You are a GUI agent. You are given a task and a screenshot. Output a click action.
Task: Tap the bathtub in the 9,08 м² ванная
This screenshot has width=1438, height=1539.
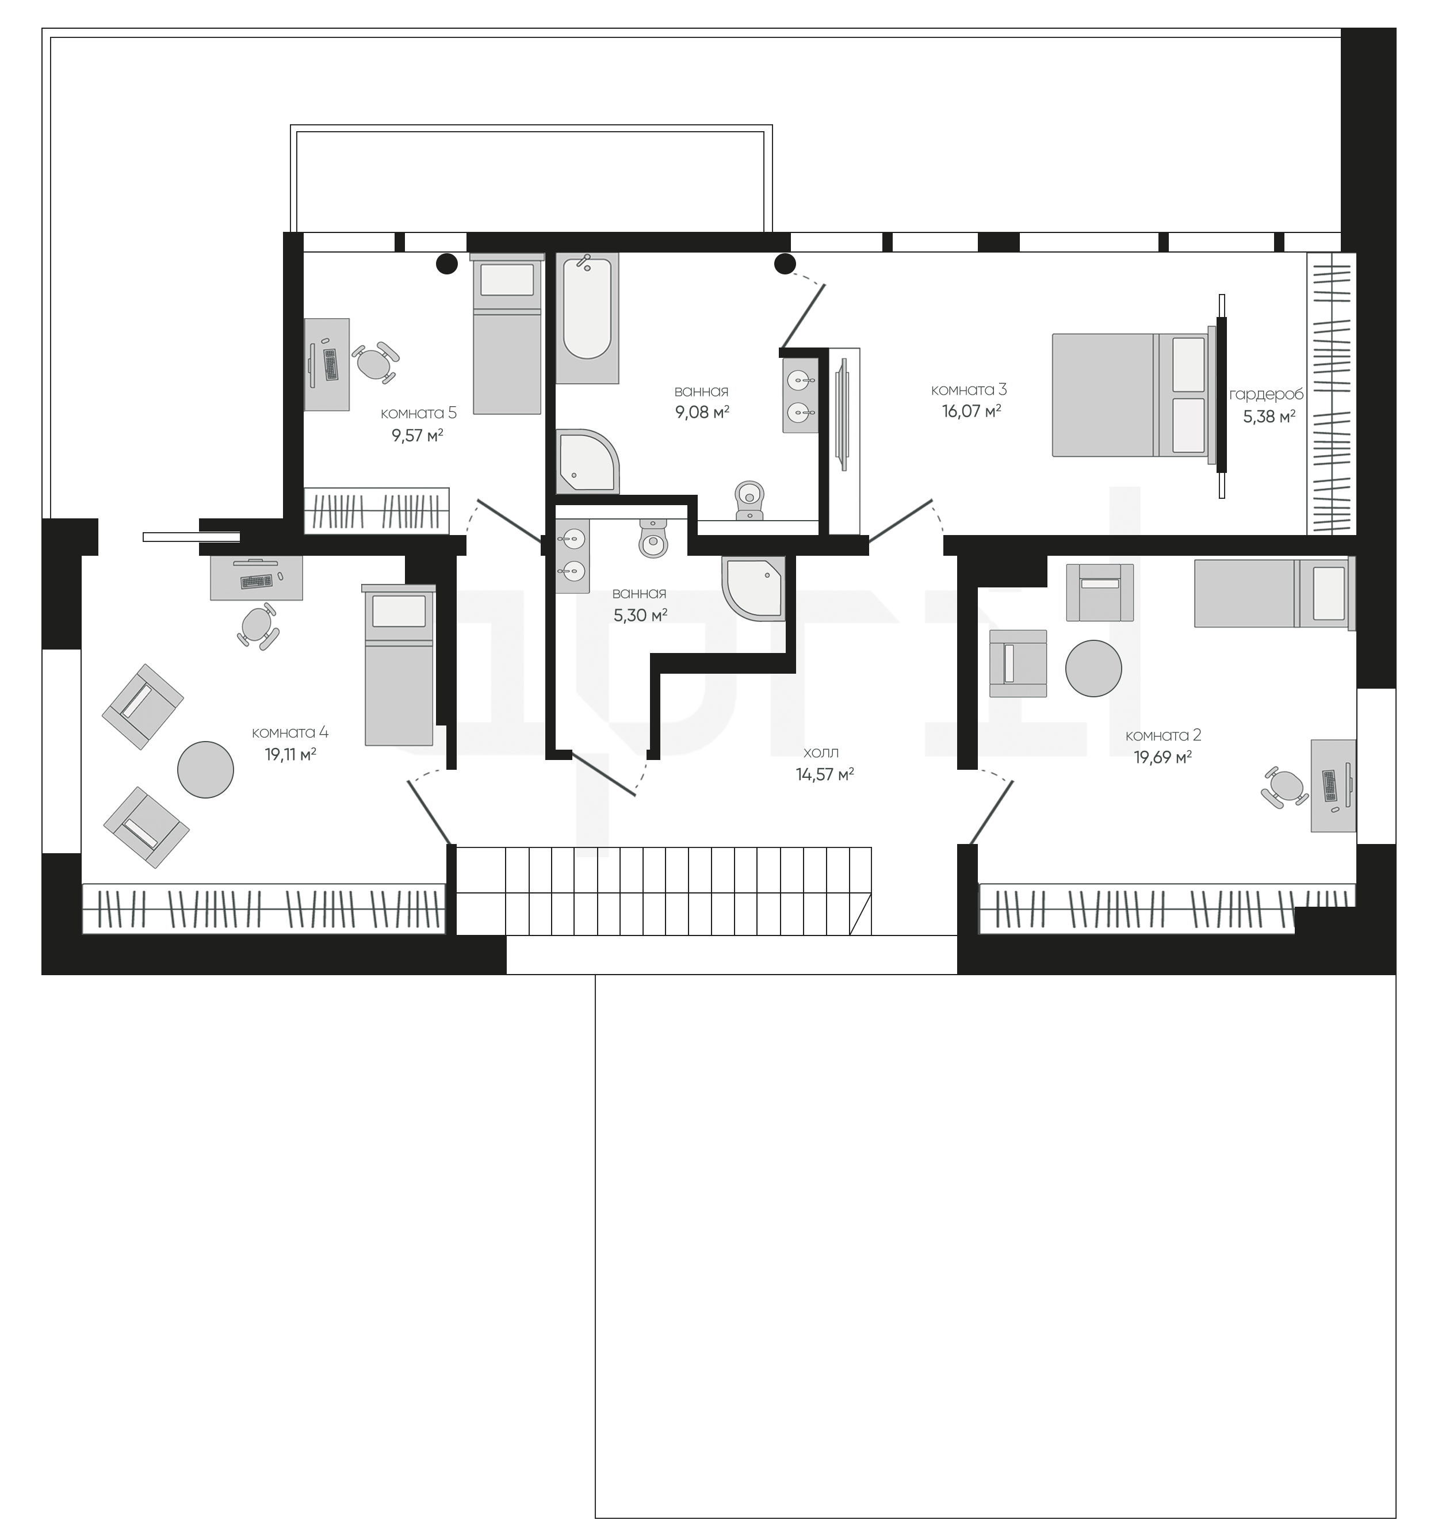[587, 318]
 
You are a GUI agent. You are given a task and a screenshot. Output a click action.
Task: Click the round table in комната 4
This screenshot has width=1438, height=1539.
[205, 770]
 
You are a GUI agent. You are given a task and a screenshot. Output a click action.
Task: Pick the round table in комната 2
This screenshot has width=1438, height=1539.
[1093, 668]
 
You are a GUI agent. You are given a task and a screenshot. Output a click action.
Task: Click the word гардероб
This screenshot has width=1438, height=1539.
[1266, 395]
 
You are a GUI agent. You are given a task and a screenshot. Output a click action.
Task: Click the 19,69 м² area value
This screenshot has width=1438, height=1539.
[1162, 757]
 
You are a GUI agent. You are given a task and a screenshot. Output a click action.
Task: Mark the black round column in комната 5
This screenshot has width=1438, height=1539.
[446, 264]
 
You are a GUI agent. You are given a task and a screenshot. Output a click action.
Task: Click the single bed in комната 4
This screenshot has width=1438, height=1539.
[399, 666]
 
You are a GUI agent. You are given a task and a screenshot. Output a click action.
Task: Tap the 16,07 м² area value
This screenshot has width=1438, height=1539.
[972, 411]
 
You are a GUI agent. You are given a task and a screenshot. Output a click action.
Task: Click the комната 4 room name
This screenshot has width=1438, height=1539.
[290, 732]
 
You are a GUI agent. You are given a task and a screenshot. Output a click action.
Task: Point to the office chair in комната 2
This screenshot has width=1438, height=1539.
[1285, 787]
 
